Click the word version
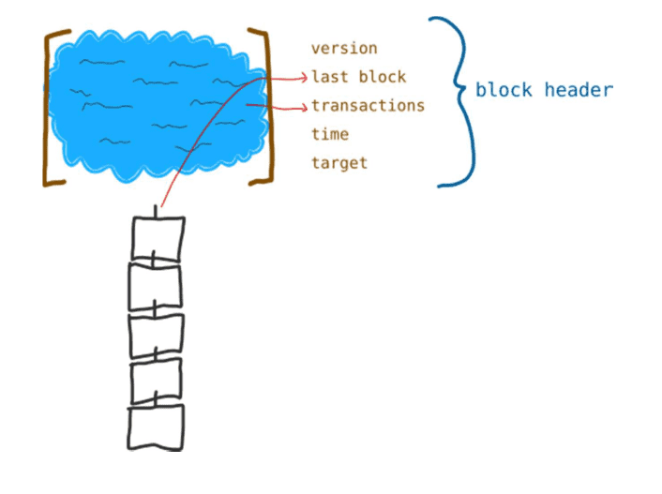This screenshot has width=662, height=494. coord(344,48)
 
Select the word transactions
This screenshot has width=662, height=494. coord(368,105)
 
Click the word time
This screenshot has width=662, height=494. coord(330,134)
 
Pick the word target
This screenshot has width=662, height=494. coord(339,163)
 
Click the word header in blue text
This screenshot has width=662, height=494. coord(579,90)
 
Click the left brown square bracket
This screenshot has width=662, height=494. coord(46,108)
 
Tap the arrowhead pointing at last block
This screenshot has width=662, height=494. coord(304,77)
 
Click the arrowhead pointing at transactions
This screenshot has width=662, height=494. coord(305,108)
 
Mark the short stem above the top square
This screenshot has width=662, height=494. coord(156,212)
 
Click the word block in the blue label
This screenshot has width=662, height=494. coord(504,90)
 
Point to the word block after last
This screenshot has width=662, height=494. coord(383,77)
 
